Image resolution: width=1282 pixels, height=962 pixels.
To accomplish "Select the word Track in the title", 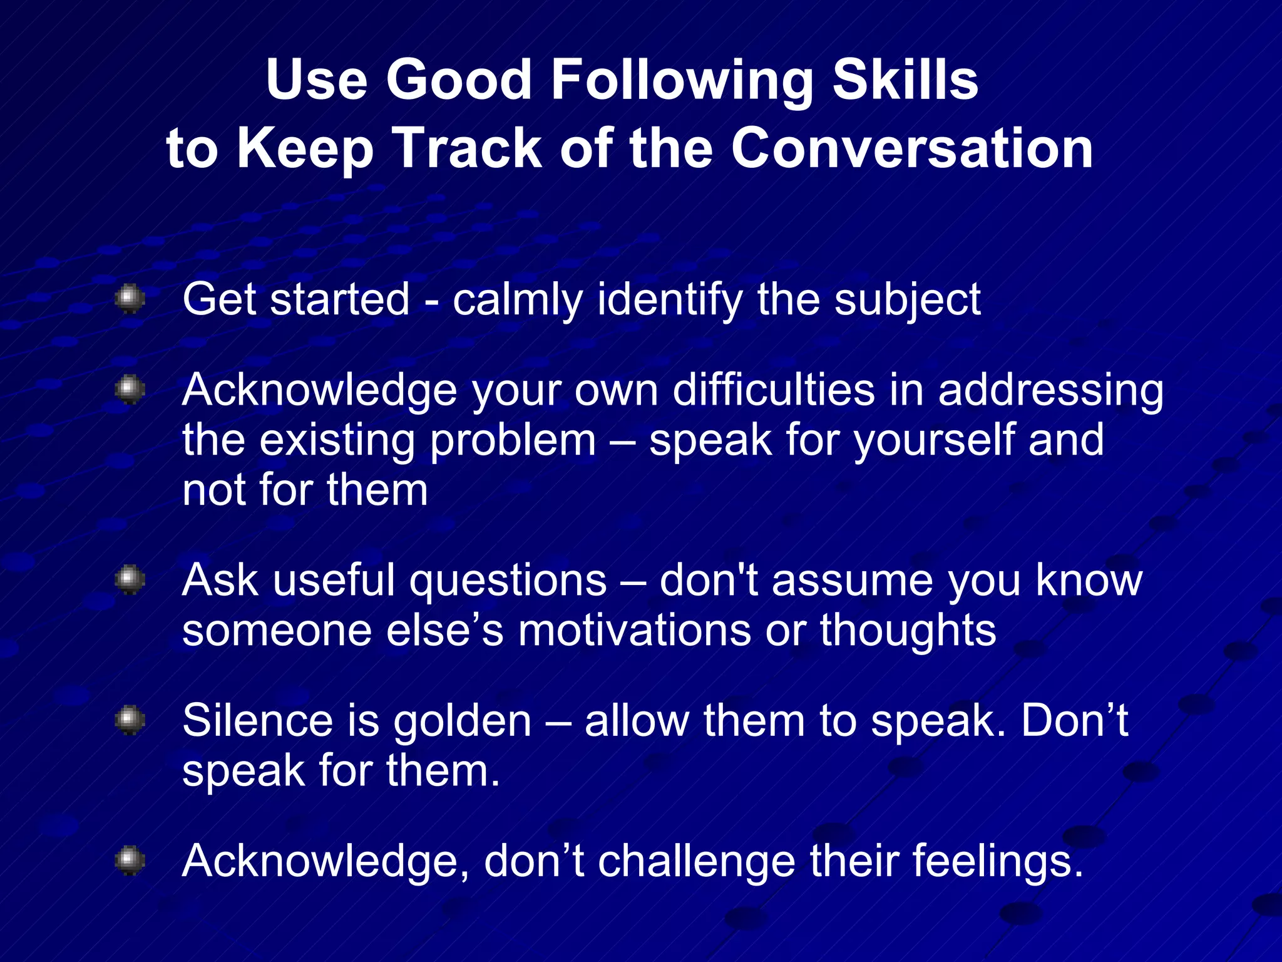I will (x=469, y=148).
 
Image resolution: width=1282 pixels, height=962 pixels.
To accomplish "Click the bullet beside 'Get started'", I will (x=130, y=298).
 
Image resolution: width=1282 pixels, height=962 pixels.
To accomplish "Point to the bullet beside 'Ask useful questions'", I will (x=130, y=579).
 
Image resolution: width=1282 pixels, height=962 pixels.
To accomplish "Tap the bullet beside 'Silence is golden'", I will (x=130, y=720).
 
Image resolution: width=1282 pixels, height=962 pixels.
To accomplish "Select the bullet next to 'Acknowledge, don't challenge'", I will (x=130, y=860).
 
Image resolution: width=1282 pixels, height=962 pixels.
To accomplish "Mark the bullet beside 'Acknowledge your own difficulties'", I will (x=130, y=390).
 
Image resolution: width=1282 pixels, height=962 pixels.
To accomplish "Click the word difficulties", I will (x=773, y=390).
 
